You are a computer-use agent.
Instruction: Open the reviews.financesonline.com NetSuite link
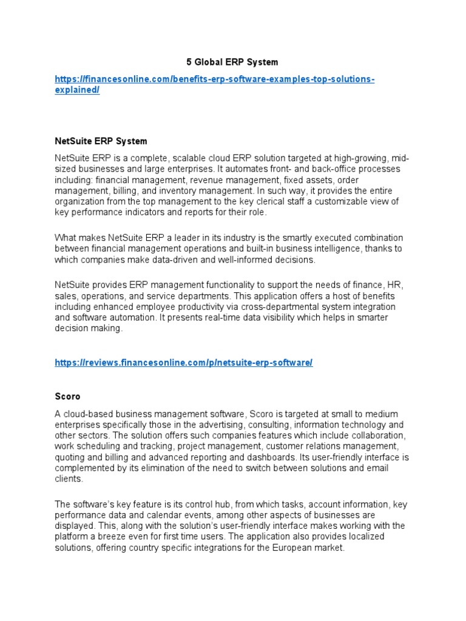[183, 363]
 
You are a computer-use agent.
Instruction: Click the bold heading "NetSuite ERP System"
[101, 141]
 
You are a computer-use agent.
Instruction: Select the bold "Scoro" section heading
[67, 397]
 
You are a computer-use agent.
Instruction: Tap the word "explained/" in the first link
[77, 90]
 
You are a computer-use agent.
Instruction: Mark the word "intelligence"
[341, 249]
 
